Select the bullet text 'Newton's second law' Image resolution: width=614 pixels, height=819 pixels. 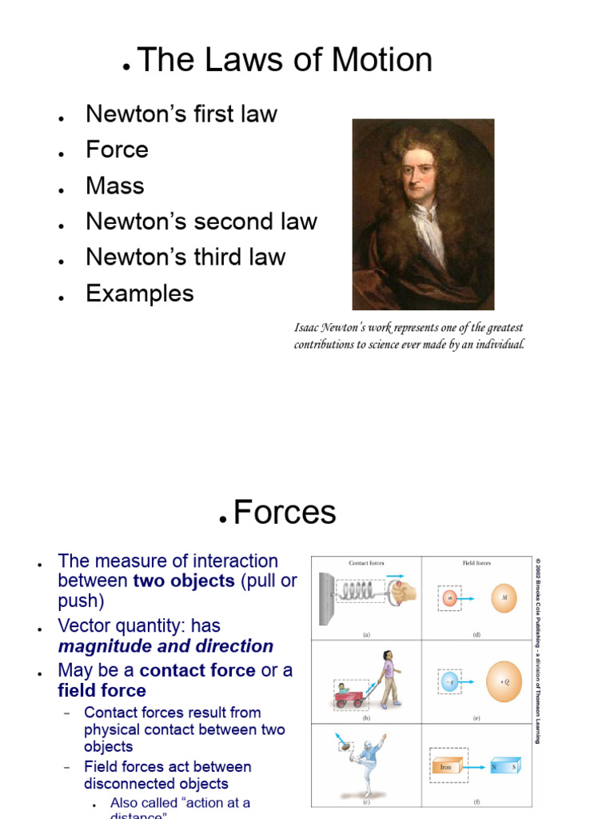coord(201,222)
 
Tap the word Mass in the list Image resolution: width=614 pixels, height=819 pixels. coord(115,186)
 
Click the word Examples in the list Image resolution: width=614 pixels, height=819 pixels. coord(140,294)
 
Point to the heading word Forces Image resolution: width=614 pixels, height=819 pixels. coord(285,513)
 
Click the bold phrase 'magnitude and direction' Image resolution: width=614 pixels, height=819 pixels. coord(165,646)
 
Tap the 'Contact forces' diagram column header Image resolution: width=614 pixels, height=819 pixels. coord(366,563)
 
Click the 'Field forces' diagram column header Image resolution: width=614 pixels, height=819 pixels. coord(477,563)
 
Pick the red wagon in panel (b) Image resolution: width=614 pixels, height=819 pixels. coord(350,697)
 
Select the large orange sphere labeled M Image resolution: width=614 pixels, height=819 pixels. coord(504,597)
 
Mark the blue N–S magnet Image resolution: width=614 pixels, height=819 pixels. coord(504,765)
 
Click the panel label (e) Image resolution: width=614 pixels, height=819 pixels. coord(476,719)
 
